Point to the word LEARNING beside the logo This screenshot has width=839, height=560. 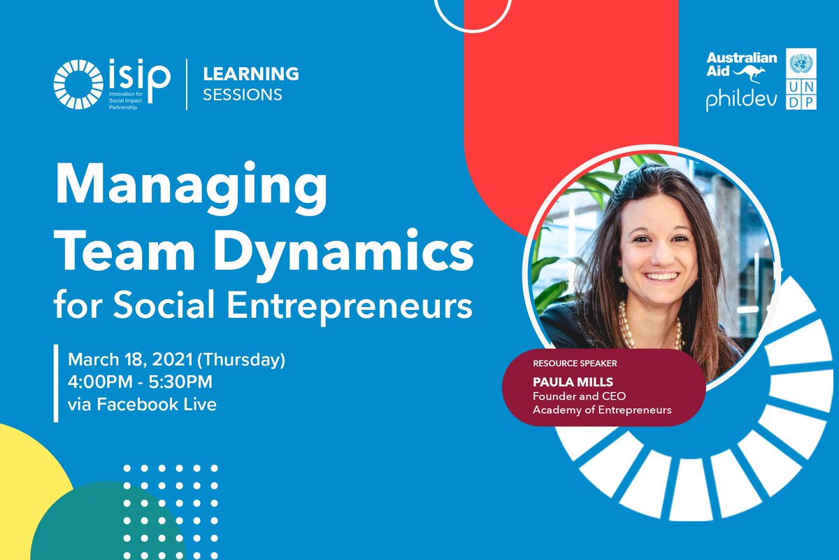[250, 73]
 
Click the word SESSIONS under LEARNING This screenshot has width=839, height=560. [243, 94]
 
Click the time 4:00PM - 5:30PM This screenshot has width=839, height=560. [140, 382]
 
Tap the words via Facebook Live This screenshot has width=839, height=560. [142, 404]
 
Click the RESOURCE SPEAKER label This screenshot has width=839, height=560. [575, 364]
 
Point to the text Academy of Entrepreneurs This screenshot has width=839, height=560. [602, 410]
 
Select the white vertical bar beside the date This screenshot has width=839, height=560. [56, 383]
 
